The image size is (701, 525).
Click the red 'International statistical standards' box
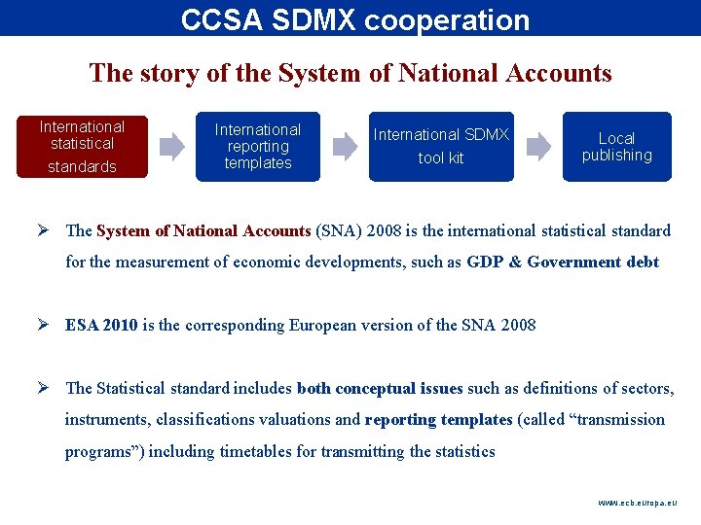(x=82, y=147)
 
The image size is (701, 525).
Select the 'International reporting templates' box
(x=258, y=147)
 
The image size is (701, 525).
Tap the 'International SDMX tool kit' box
(x=441, y=147)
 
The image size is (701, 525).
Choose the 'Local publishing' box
(x=616, y=147)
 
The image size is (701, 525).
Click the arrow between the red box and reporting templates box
(x=171, y=147)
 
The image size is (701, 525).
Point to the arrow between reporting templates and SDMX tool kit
(x=346, y=147)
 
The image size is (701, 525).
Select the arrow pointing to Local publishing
(x=538, y=147)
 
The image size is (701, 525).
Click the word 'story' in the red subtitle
(x=160, y=73)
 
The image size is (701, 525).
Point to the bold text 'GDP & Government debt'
(x=563, y=262)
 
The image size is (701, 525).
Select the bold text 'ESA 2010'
(x=101, y=325)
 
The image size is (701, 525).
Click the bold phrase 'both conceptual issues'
(x=380, y=388)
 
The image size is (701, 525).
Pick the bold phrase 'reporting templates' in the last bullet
(x=438, y=420)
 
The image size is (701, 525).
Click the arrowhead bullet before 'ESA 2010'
(x=46, y=325)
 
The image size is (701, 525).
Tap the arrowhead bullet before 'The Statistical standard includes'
(x=46, y=388)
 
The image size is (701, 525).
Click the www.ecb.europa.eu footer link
(x=637, y=503)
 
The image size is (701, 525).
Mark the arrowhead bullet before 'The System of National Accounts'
(x=46, y=230)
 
